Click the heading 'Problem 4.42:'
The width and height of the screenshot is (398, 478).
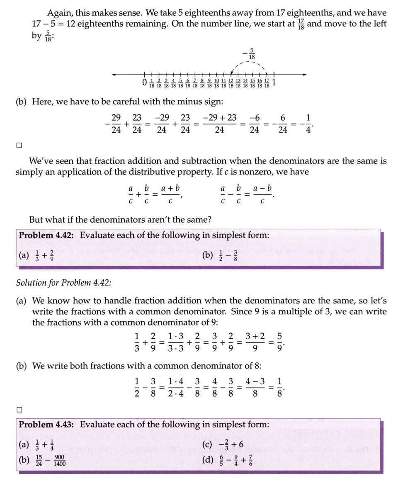46,235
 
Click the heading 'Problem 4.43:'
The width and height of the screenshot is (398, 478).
46,425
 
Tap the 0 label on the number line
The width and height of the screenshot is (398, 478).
144,83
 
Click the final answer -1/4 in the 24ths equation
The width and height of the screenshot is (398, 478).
307,124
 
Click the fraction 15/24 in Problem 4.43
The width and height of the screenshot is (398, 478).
38,461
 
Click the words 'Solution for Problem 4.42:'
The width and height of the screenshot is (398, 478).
63,283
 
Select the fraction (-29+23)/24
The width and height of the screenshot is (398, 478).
220,124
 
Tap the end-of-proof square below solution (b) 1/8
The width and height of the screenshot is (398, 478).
19,409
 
